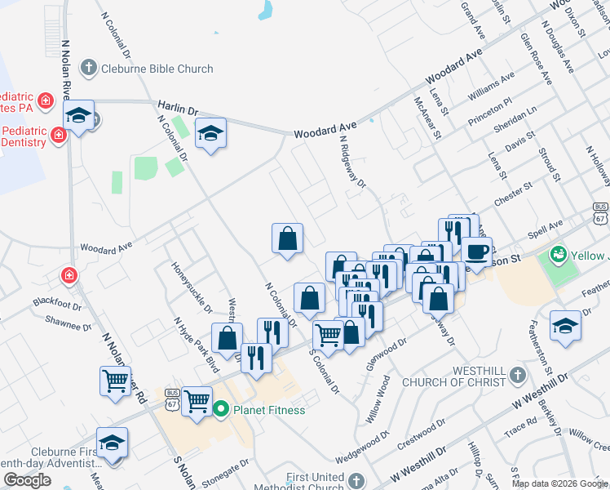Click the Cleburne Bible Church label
click(x=157, y=69)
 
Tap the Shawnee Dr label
click(x=69, y=323)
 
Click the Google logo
click(x=27, y=480)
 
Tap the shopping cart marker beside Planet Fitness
click(x=197, y=401)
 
